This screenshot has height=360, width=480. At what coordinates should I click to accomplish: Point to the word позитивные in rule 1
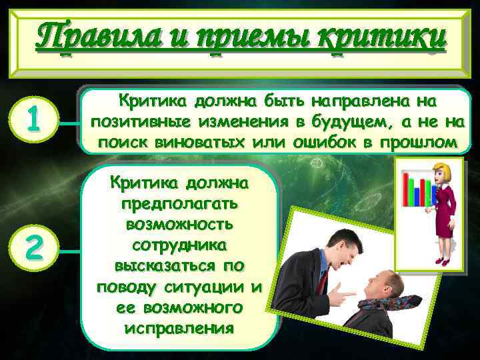tap(136, 122)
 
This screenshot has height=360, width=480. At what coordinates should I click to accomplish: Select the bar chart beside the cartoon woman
tap(419, 188)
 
